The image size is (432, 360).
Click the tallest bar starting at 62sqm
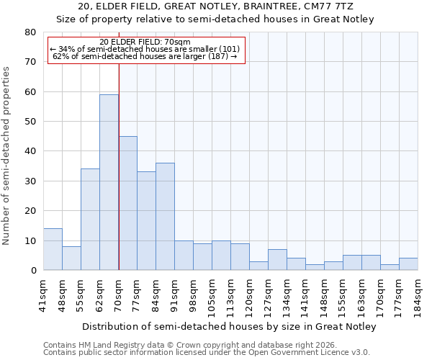109,182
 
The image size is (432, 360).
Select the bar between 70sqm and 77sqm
127,203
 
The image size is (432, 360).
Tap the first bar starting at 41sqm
53,249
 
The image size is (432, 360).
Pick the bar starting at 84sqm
165,216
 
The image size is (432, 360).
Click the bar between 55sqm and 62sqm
90,219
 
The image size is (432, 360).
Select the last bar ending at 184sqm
408,264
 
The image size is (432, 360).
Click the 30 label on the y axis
31,181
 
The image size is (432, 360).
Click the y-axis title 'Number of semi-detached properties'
7,156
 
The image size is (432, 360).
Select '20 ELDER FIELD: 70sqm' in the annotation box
145,42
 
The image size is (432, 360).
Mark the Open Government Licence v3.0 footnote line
207,353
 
